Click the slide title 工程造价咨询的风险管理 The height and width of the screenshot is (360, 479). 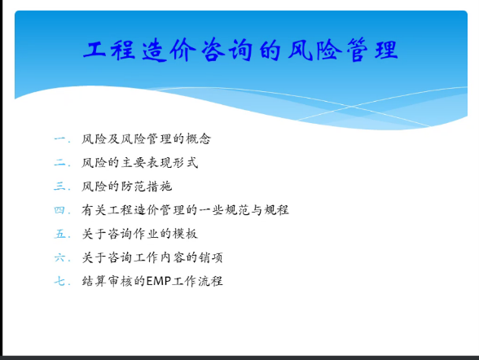[x=240, y=50]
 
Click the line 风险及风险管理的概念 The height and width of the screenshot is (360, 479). [x=146, y=139]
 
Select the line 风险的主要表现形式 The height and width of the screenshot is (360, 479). [x=139, y=162]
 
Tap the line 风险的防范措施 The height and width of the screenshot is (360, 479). [x=127, y=187]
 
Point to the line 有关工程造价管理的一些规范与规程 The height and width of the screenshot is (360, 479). [x=185, y=210]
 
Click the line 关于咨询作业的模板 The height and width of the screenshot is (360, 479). [x=139, y=234]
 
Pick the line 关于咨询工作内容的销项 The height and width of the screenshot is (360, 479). [x=152, y=257]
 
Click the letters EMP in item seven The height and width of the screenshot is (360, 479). [x=158, y=281]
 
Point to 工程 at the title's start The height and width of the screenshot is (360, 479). [x=109, y=50]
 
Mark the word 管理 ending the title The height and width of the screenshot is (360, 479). [x=372, y=50]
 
